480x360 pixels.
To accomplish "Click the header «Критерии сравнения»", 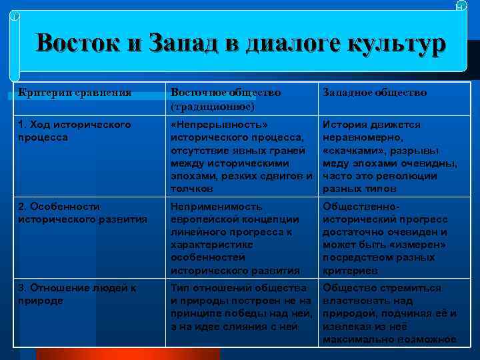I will tap(75, 93).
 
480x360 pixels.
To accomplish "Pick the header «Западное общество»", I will tap(375, 93).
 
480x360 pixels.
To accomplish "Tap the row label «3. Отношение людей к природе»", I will tap(77, 294).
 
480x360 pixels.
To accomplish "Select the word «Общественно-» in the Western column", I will tap(360, 207).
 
